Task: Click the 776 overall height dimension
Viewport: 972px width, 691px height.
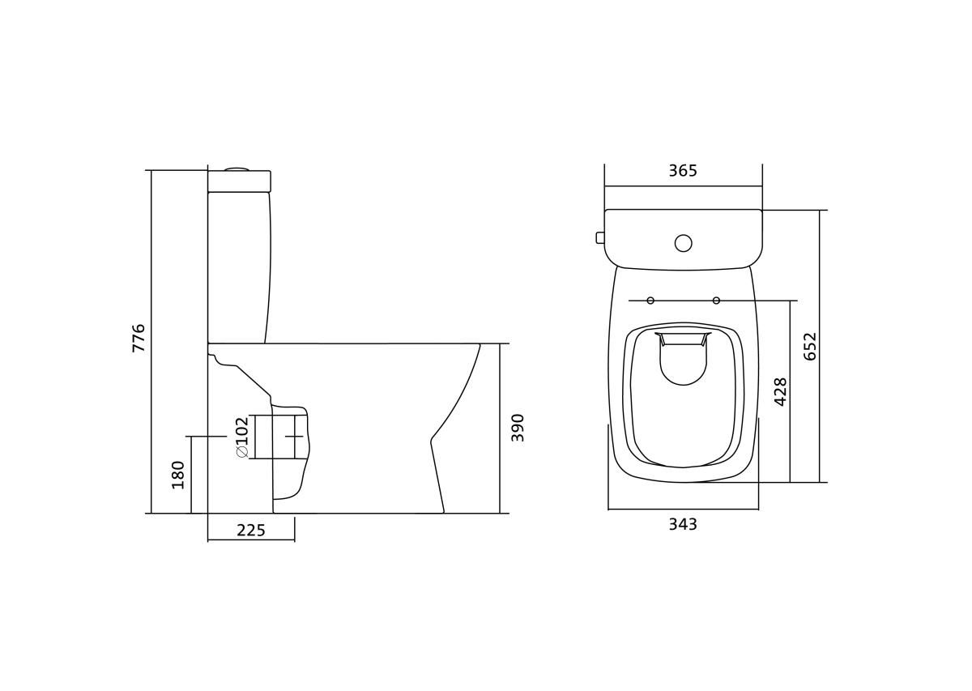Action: click(x=138, y=338)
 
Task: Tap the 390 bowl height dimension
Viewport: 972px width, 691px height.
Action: click(x=518, y=428)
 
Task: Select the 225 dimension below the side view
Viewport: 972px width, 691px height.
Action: click(x=251, y=531)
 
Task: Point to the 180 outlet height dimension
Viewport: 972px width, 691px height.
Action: click(x=178, y=475)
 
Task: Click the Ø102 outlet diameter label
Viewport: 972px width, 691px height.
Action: click(x=242, y=437)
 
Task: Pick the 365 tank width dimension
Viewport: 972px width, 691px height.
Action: click(x=683, y=171)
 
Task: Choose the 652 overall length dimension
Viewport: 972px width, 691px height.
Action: click(x=810, y=347)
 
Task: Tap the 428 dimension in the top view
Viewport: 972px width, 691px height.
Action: click(x=781, y=392)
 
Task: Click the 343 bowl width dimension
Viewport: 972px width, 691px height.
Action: click(x=683, y=524)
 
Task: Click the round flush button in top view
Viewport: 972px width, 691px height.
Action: click(x=684, y=243)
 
